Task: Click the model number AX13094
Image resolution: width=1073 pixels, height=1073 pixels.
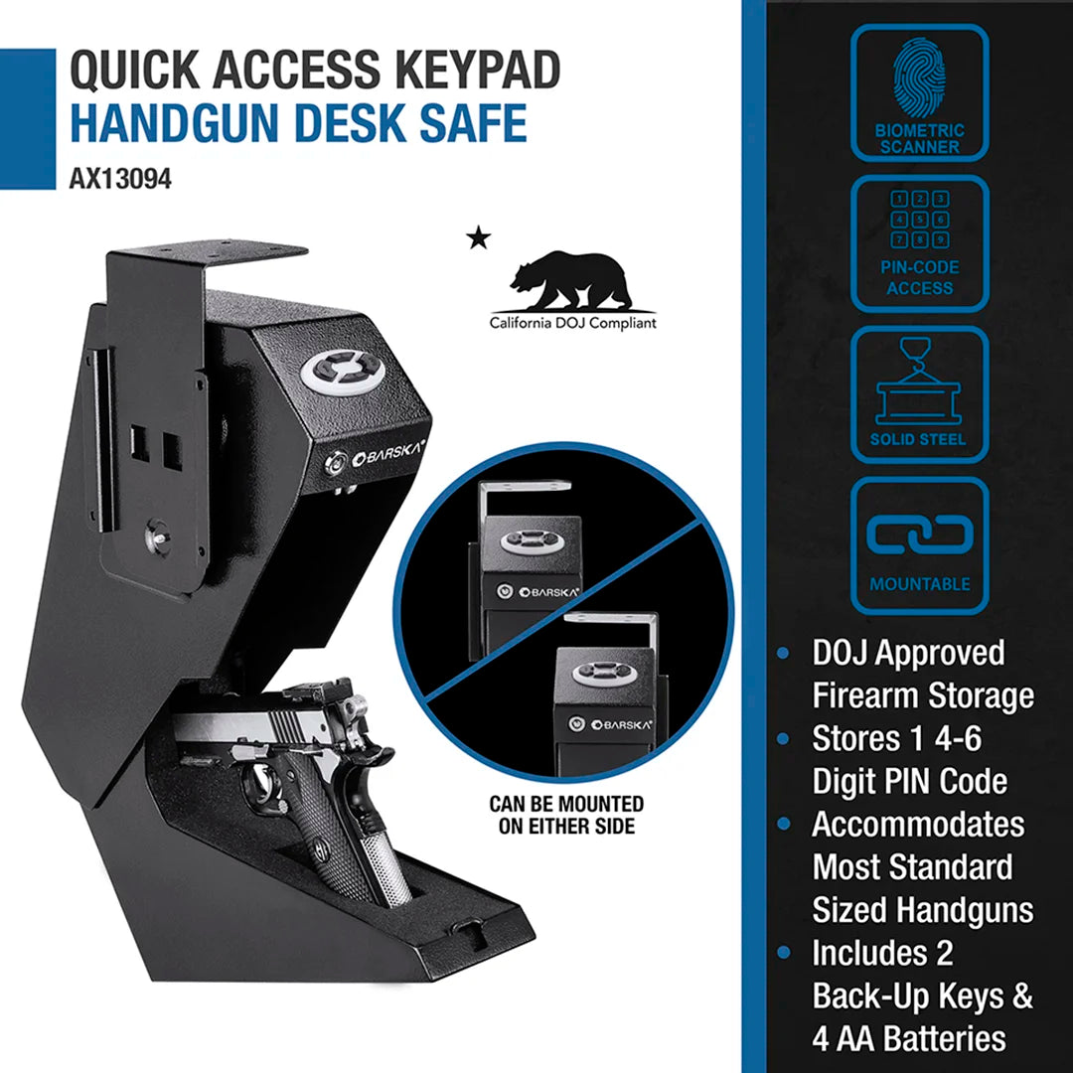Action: [x=121, y=181]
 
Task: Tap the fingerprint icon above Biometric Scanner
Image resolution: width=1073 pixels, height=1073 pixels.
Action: [x=919, y=78]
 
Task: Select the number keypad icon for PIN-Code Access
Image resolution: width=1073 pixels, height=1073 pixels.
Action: [x=919, y=220]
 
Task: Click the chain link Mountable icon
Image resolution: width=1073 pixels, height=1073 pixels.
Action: [x=919, y=534]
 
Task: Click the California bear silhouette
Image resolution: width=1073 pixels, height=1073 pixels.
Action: [x=570, y=281]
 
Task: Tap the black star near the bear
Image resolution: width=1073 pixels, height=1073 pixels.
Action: [x=479, y=237]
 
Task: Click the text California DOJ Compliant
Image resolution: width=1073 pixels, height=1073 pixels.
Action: [x=572, y=323]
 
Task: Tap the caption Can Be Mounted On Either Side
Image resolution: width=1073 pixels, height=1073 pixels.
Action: [x=565, y=814]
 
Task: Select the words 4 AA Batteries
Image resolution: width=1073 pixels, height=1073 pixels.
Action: [x=909, y=1039]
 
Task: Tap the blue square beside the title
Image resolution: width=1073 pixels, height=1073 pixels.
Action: [x=27, y=119]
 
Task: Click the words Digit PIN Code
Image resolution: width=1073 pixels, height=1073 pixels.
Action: [x=909, y=782]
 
